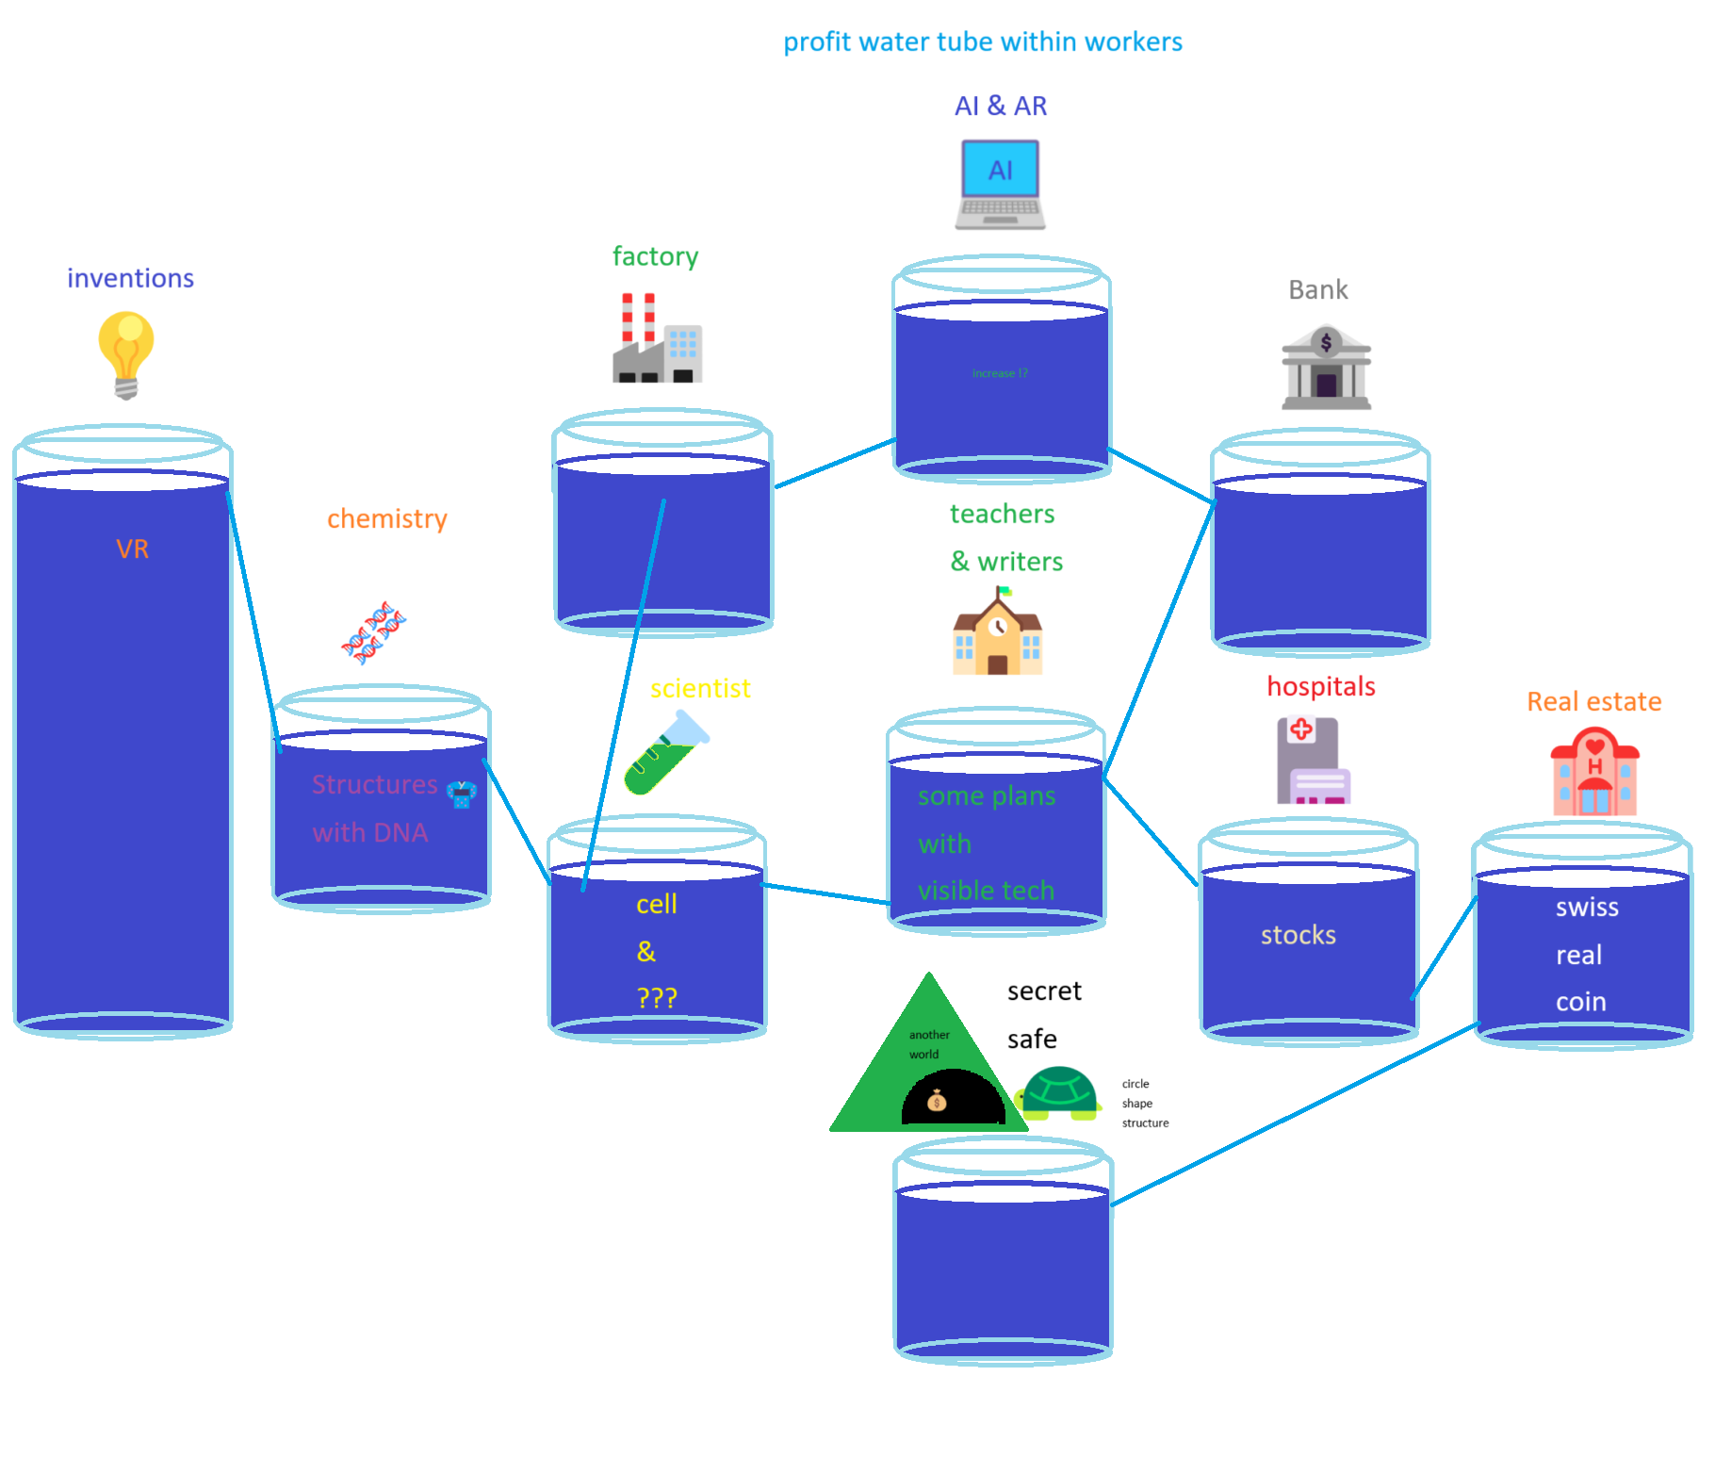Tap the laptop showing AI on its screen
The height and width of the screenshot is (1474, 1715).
click(x=1000, y=185)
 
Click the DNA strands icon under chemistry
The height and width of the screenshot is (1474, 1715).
click(x=373, y=632)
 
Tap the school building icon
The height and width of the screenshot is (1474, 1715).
click(x=998, y=632)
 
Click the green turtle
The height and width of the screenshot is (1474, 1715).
click(x=1059, y=1092)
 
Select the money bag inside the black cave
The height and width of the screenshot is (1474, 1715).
click(x=937, y=1100)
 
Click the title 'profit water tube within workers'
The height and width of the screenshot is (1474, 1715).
click(x=983, y=42)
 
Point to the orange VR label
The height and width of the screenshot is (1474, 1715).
click(x=132, y=549)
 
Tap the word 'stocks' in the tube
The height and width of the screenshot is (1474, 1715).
click(x=1298, y=935)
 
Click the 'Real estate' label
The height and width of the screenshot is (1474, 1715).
click(x=1593, y=702)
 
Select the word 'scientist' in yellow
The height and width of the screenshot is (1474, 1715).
click(x=700, y=689)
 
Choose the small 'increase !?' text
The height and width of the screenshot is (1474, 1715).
click(x=1000, y=373)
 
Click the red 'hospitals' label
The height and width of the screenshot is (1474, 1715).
click(x=1320, y=687)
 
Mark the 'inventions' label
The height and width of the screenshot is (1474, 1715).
click(x=130, y=279)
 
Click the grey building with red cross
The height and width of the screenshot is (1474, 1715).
click(x=1313, y=761)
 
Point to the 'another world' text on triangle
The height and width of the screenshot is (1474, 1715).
click(x=928, y=1044)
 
